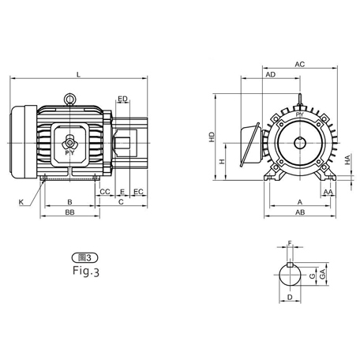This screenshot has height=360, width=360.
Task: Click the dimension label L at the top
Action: pyautogui.click(x=77, y=74)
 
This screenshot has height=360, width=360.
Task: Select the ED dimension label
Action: pyautogui.click(x=122, y=99)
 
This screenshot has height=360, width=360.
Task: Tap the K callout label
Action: pyautogui.click(x=21, y=203)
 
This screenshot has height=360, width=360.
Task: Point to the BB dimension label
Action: pyautogui.click(x=70, y=213)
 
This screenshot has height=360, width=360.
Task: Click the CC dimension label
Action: pyautogui.click(x=105, y=192)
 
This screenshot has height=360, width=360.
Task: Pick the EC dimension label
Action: pyautogui.click(x=138, y=192)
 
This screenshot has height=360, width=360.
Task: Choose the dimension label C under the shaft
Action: pyautogui.click(x=120, y=202)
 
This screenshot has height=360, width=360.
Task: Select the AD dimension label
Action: pyautogui.click(x=270, y=74)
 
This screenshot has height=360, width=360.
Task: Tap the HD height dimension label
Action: pyautogui.click(x=212, y=137)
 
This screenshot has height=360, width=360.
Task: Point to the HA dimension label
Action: pyautogui.click(x=348, y=160)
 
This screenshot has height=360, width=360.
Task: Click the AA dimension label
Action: pyautogui.click(x=327, y=192)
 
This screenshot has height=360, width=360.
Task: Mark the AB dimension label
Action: pyautogui.click(x=300, y=213)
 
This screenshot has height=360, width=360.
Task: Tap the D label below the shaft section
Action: pyautogui.click(x=291, y=298)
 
